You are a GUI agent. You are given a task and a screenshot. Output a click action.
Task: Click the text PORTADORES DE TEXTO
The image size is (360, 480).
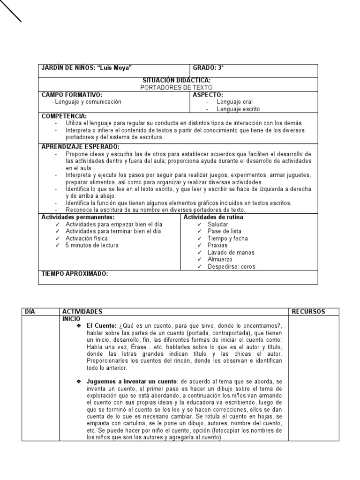(176, 88)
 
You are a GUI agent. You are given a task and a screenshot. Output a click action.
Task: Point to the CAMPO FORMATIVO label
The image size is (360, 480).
(72, 95)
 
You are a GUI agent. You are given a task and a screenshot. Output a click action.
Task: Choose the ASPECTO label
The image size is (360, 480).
(208, 95)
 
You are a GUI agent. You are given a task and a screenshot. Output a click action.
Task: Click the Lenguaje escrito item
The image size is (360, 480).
(238, 109)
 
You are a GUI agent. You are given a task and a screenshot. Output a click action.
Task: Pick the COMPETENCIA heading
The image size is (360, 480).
(64, 116)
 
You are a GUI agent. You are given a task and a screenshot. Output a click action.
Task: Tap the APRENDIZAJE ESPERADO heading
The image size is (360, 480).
(81, 147)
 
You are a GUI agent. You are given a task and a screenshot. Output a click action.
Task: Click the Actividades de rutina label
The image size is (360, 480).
(213, 217)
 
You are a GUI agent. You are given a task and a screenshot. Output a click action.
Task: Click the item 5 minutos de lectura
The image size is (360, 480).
(92, 245)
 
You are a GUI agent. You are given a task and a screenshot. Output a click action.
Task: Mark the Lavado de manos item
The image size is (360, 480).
(231, 252)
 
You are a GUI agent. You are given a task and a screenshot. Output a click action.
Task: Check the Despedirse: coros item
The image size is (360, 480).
(232, 267)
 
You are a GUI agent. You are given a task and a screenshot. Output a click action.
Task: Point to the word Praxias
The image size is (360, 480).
(217, 245)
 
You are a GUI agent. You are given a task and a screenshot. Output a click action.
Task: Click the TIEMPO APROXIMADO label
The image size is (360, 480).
(75, 274)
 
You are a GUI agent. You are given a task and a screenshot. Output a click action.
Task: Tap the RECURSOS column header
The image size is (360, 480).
(308, 312)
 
